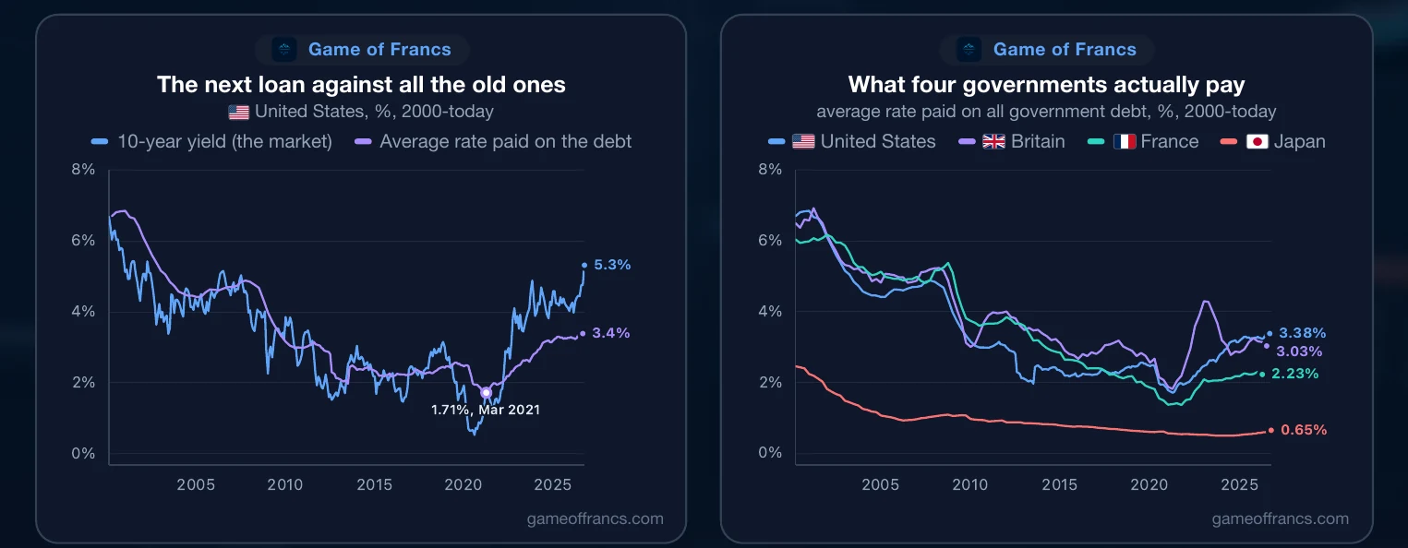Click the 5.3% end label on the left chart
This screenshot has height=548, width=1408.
[x=612, y=265]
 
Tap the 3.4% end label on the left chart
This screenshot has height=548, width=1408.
[x=611, y=333]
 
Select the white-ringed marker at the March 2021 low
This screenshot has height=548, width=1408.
[x=486, y=392]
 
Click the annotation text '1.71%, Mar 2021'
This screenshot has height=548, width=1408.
[x=486, y=410]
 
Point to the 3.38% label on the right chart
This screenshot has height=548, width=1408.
[x=1303, y=333]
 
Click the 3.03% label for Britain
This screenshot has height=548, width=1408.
[x=1299, y=351]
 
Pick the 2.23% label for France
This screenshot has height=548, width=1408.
[x=1294, y=374]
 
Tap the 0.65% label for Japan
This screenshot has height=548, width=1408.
[x=1304, y=430]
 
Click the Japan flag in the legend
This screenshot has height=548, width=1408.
[x=1258, y=141]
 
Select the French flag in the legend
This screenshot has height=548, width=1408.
[x=1125, y=141]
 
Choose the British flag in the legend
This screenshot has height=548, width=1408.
[x=993, y=141]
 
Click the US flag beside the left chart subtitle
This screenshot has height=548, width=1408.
[x=239, y=112]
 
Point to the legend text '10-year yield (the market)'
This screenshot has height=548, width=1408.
[x=225, y=141]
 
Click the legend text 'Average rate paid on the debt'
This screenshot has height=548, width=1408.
[x=505, y=141]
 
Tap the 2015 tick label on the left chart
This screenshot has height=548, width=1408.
[x=375, y=484]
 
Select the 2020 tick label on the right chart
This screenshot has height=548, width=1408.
[x=1149, y=484]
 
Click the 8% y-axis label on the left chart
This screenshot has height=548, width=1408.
[x=83, y=169]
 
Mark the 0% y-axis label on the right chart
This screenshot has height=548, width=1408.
[x=770, y=452]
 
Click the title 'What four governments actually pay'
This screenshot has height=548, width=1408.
[x=1047, y=84]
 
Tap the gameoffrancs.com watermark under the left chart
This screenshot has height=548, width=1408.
[x=596, y=518]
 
